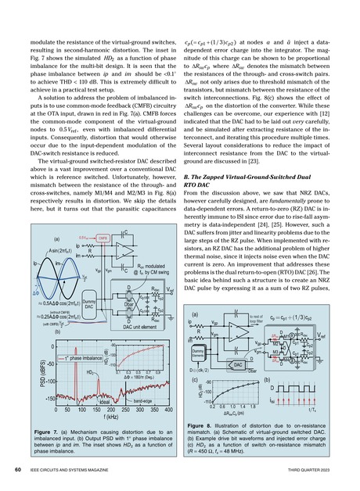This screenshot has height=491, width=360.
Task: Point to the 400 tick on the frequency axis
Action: click(168, 410)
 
